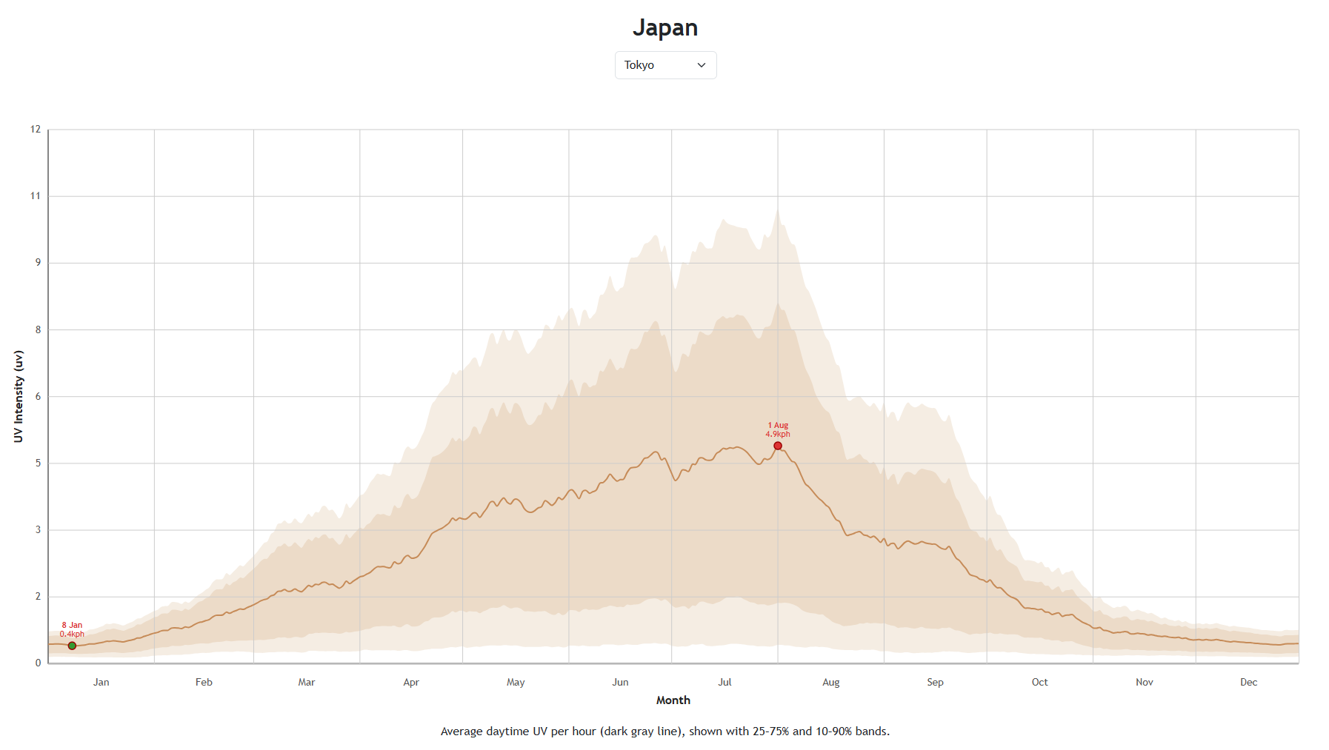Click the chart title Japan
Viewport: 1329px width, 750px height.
[x=664, y=27]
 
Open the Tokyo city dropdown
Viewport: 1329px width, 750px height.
[x=665, y=65]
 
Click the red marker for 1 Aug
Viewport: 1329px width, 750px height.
[x=778, y=446]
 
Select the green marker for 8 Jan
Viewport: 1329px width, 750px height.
[x=72, y=646]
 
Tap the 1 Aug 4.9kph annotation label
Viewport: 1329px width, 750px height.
[x=778, y=430]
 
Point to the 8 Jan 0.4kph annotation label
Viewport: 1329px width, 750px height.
[x=72, y=630]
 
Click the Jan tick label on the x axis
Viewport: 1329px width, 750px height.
[x=101, y=683]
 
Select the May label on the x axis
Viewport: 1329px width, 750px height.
[x=516, y=683]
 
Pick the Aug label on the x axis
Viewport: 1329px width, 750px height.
[x=830, y=683]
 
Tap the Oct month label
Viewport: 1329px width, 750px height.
[x=1039, y=683]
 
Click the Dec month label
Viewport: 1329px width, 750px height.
[x=1248, y=683]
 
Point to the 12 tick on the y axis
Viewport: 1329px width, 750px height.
[x=36, y=130]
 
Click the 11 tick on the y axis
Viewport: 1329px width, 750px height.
[x=36, y=196]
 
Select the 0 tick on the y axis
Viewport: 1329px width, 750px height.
[x=38, y=663]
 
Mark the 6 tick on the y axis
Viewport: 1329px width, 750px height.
[x=38, y=397]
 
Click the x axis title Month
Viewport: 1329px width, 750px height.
[x=673, y=700]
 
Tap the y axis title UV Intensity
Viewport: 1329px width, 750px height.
[x=19, y=396]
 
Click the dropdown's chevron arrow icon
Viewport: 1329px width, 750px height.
[x=702, y=65]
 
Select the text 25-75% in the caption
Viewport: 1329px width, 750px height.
[x=771, y=731]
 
